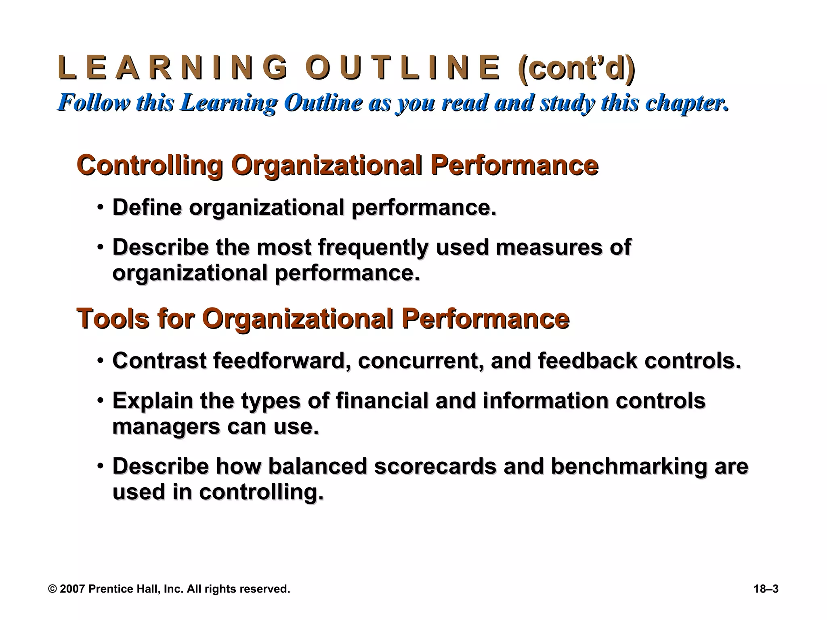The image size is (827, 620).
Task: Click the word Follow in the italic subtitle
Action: (94, 103)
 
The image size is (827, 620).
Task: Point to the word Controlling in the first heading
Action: (149, 165)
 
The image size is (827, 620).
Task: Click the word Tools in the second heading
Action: (113, 319)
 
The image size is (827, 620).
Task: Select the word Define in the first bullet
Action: (147, 207)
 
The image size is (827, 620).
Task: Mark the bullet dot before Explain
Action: (100, 401)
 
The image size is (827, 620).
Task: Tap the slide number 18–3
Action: (766, 589)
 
